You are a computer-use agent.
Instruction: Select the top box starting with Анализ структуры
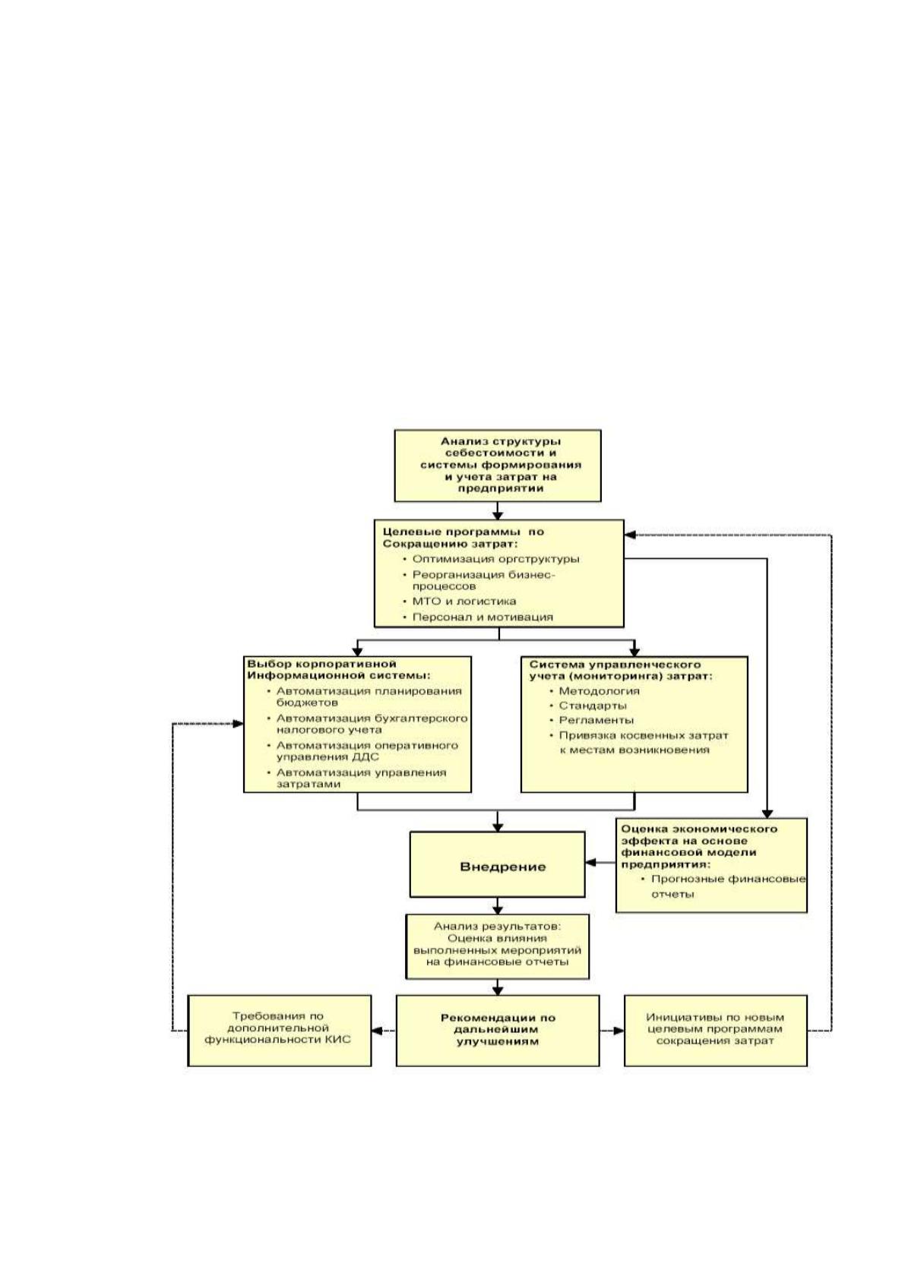[498, 466]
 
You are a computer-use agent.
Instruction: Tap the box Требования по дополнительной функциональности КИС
[280, 1030]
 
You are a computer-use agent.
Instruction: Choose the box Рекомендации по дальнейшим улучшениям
[498, 1030]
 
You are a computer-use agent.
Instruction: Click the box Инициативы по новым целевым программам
[715, 1030]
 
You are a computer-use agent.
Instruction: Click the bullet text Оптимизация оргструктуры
[496, 559]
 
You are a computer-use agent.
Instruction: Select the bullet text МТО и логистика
[464, 602]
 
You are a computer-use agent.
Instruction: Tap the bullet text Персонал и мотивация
[483, 617]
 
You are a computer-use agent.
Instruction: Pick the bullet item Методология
[599, 691]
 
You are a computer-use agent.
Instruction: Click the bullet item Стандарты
[593, 706]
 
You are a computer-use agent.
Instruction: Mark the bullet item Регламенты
[596, 720]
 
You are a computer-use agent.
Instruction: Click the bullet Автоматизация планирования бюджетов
[369, 696]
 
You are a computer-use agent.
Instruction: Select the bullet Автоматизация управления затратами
[361, 778]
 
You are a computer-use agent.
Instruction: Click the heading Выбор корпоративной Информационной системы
[338, 669]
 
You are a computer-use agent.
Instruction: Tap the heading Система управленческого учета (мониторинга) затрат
[621, 670]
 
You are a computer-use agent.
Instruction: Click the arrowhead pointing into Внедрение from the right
[591, 862]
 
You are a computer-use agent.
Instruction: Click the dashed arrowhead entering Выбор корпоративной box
[238, 724]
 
